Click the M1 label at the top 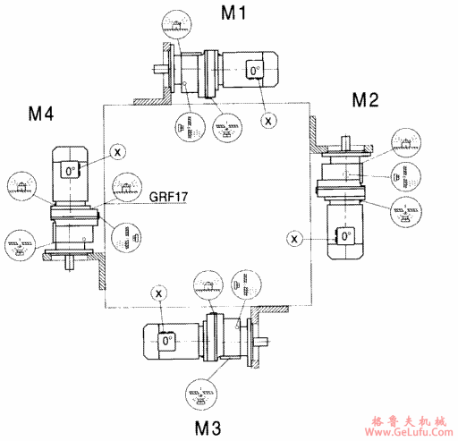(x=237, y=13)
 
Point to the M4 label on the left (x=40, y=114)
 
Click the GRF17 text (x=169, y=197)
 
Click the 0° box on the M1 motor (x=255, y=70)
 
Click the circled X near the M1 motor (x=267, y=118)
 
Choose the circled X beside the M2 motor (x=295, y=237)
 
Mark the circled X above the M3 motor (x=159, y=293)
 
